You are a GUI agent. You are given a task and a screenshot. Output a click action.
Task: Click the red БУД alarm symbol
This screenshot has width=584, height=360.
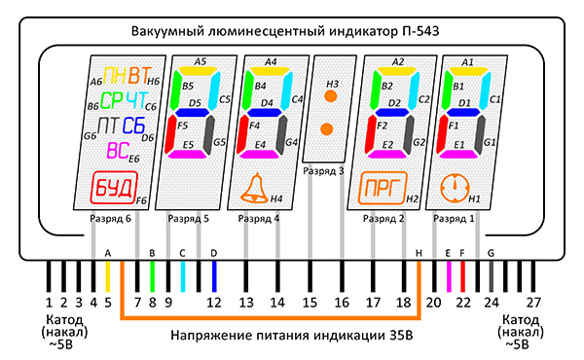click(114, 187)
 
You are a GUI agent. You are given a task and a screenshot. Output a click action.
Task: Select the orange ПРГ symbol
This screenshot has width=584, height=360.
click(383, 188)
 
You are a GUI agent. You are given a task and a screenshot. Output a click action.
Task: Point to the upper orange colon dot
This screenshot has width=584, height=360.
click(330, 96)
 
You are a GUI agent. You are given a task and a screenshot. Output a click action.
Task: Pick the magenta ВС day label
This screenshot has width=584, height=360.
click(118, 151)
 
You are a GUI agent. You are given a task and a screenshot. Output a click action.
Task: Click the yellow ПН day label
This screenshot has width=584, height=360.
click(114, 76)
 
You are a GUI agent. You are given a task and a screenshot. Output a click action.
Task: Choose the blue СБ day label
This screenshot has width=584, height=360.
click(133, 126)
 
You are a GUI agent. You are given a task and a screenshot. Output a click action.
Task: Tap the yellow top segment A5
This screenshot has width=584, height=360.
click(199, 70)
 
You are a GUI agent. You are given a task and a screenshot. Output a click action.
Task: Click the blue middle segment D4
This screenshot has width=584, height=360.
click(264, 112)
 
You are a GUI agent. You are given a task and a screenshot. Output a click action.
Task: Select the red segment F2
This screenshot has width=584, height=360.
click(371, 133)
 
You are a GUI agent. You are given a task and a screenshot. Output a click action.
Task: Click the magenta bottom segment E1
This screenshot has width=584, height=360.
click(457, 154)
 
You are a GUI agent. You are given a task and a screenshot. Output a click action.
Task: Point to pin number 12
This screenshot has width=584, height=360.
click(214, 303)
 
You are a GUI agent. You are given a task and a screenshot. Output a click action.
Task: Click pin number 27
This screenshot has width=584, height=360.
click(533, 303)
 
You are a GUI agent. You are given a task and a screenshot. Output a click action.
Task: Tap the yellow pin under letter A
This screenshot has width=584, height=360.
click(108, 276)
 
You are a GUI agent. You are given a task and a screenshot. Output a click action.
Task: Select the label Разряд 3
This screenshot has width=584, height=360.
click(323, 171)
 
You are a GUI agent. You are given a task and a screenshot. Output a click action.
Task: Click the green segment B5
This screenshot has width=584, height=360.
click(174, 90)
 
